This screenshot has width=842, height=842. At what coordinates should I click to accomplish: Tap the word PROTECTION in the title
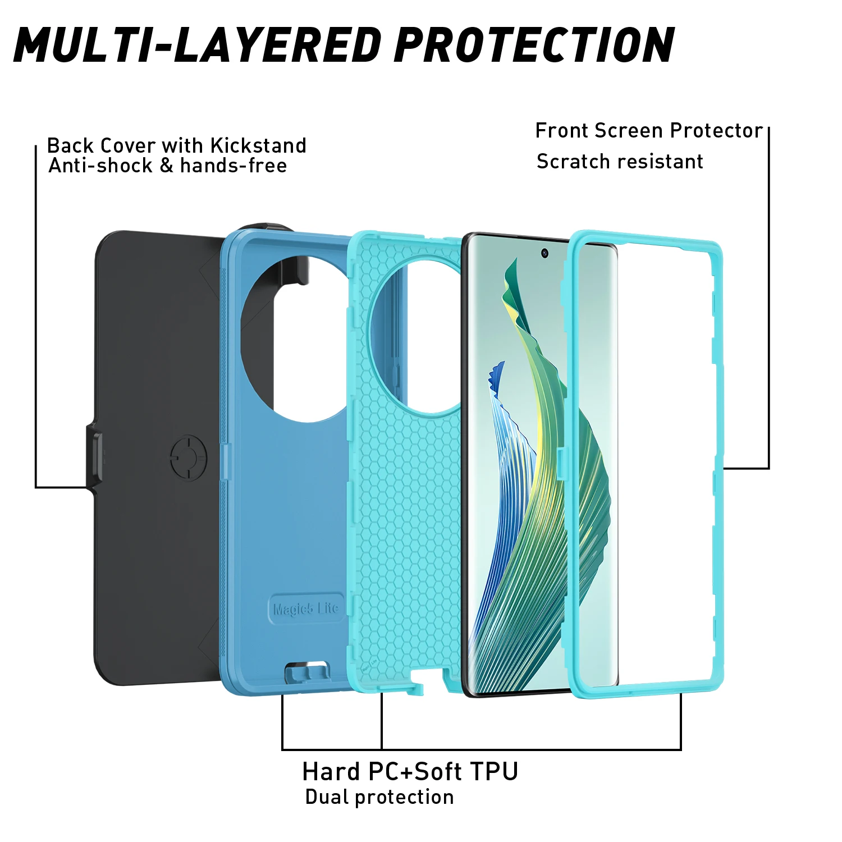tap(534, 45)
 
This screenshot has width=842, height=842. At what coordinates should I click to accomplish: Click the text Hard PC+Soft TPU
tap(410, 772)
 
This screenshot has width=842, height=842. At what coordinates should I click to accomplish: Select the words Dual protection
tap(379, 797)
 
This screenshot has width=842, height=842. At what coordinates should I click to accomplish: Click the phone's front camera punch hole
tap(544, 253)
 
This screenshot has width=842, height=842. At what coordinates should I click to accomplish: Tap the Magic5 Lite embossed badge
tap(306, 608)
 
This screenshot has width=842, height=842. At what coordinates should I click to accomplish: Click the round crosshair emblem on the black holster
tap(189, 458)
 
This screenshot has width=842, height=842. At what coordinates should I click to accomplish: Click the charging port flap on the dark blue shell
tap(307, 672)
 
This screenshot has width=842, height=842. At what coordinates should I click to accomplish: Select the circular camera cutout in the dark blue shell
tap(298, 337)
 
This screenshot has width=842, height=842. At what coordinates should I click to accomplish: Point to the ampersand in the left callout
tap(166, 166)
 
